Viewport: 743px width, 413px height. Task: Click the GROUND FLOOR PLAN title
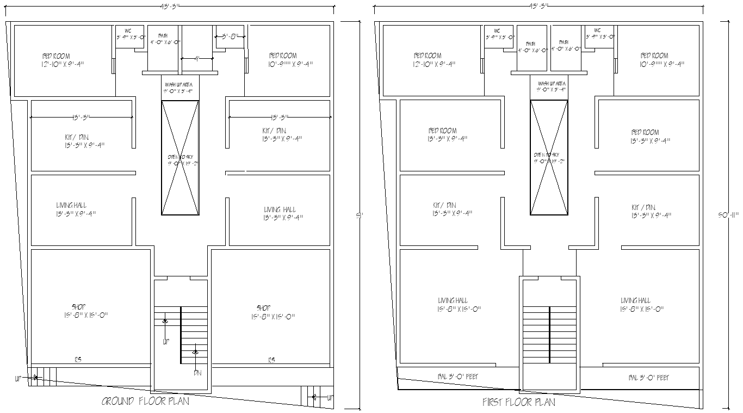(145, 402)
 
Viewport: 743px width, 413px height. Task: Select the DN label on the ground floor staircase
(197, 373)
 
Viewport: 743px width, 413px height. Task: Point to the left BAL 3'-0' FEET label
(458, 377)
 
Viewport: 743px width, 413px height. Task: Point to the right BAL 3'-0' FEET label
(649, 377)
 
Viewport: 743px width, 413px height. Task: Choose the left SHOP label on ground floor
(79, 307)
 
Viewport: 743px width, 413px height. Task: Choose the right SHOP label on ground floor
(264, 308)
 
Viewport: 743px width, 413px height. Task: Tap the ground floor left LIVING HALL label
(71, 206)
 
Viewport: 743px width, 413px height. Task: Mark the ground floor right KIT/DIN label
(274, 131)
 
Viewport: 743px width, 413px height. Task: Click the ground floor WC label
(128, 31)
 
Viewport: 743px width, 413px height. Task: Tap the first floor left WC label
(497, 31)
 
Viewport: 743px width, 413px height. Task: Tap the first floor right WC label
(597, 31)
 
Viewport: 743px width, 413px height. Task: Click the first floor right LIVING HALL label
(635, 300)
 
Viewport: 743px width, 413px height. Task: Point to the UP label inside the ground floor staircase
(166, 342)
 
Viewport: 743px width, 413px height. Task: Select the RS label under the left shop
(78, 360)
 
